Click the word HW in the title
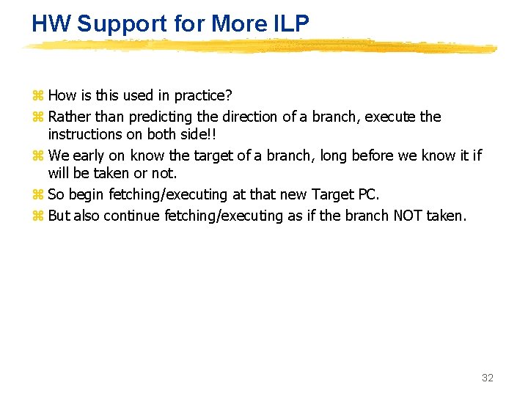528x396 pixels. coord(51,23)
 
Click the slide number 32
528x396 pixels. coord(487,378)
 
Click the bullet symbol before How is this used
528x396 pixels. coord(38,96)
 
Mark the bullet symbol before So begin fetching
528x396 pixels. coord(38,195)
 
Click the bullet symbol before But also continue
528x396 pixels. coord(38,216)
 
